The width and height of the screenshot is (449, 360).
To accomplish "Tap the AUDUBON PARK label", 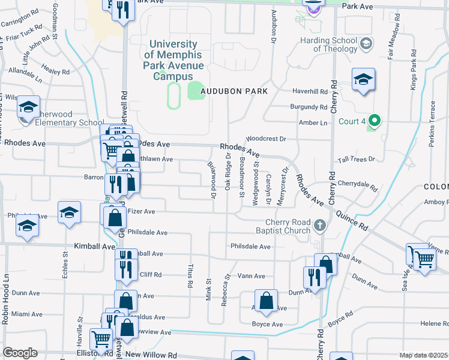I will pos(234,91).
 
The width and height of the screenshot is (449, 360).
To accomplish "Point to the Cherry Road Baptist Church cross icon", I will pos(321,226).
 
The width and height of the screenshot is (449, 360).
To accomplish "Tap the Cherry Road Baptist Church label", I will pos(282,226).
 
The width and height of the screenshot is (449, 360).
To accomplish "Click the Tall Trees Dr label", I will pos(355,159).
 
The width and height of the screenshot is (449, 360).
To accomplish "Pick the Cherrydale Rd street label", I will pos(357,184).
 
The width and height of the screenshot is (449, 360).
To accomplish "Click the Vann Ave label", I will pos(251,276).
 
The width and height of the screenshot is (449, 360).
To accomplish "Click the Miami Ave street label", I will pos(26,314).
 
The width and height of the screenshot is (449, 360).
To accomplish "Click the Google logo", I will pos(20,352).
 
